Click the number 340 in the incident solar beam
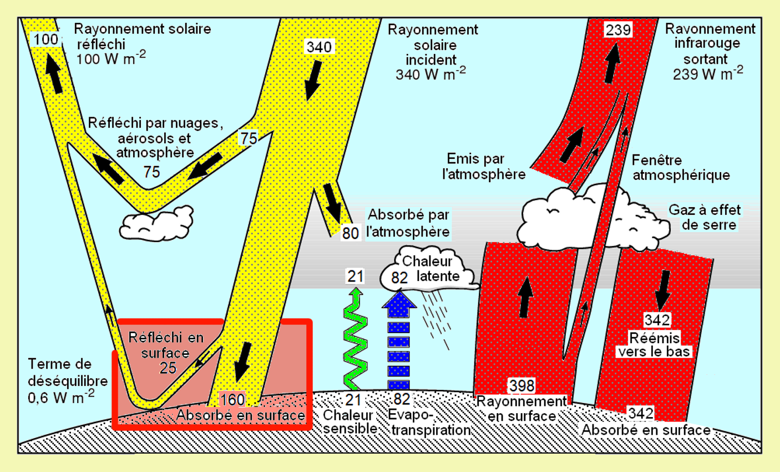coord(319,47)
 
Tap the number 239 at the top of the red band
coord(618,29)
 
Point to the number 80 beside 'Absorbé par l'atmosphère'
coord(350,233)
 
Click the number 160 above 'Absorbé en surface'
coord(232,399)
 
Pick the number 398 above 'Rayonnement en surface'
coord(521,385)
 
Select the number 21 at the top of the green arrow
coord(355,275)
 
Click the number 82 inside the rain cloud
coord(399,277)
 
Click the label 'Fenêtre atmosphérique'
coord(681,168)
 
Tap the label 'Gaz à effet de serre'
coord(705,217)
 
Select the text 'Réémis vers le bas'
coord(655,344)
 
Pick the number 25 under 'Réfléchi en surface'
coord(168,368)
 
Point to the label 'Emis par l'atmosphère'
coord(484,167)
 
